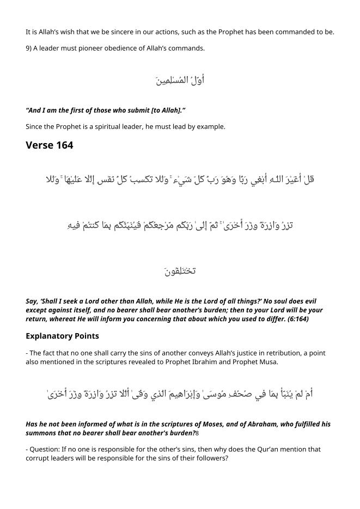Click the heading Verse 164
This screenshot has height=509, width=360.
pos(49,145)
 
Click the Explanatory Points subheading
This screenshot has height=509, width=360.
pos(62,336)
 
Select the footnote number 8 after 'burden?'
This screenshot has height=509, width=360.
pos(197,433)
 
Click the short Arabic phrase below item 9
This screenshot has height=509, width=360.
pos(180,81)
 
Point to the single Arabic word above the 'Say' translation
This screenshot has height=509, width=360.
pos(180,271)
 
